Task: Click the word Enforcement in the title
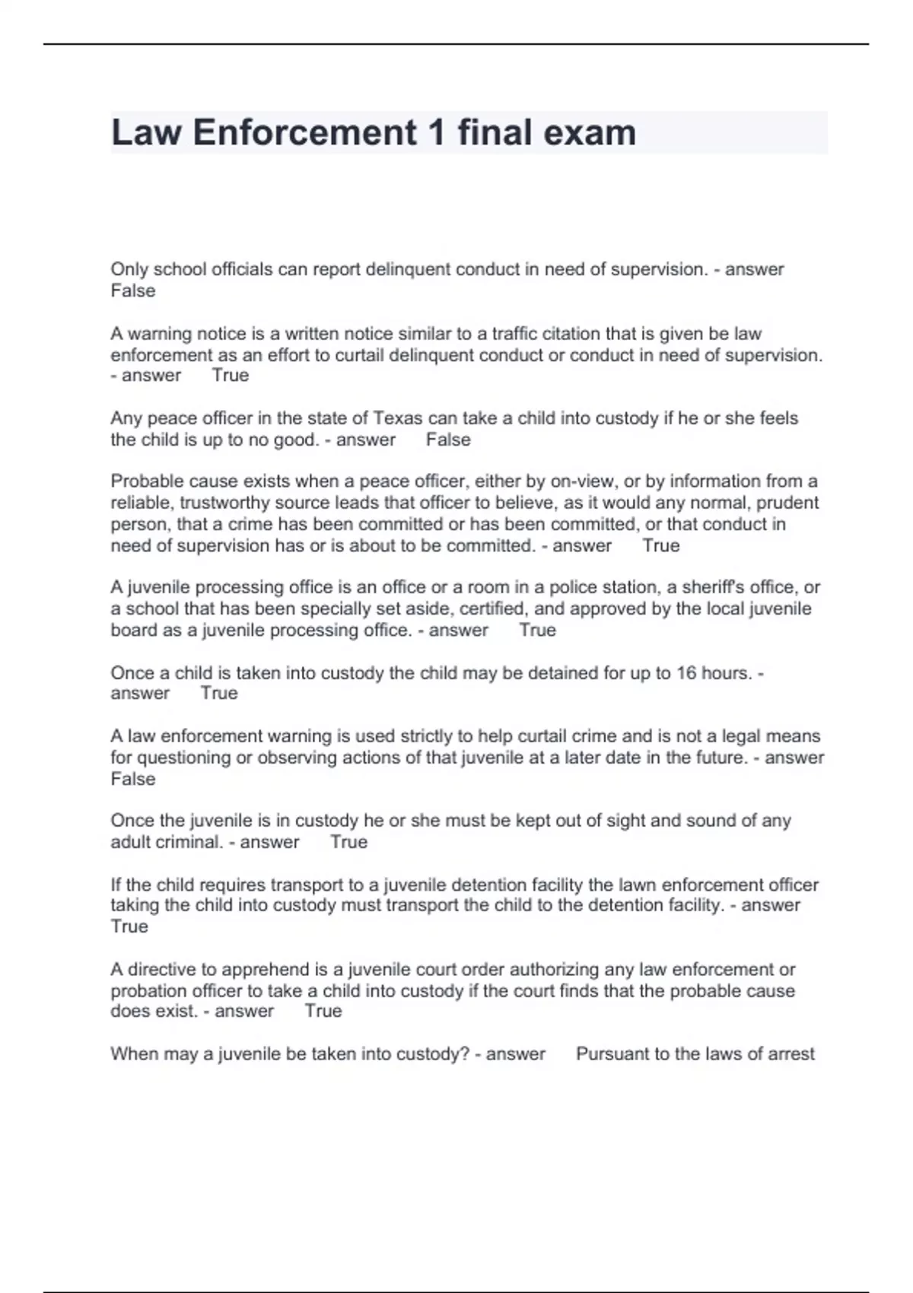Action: tap(304, 132)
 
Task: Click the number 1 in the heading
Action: tap(436, 132)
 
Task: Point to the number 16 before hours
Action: tap(686, 673)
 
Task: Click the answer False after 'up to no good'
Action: tap(448, 440)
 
